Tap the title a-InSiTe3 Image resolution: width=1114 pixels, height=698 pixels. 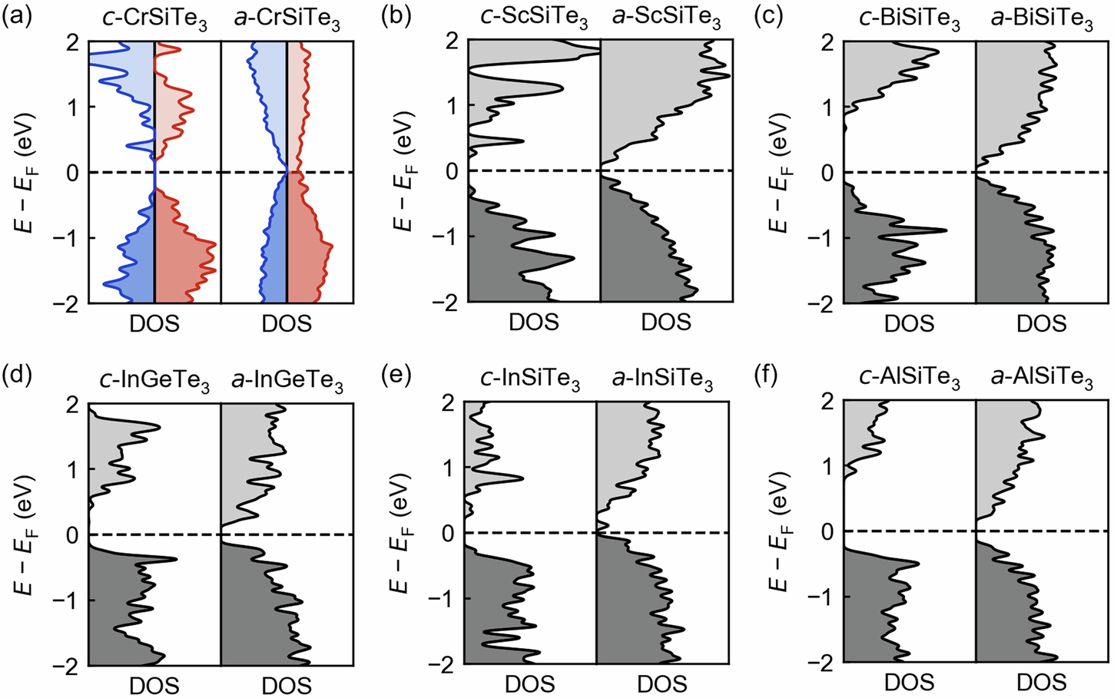662,381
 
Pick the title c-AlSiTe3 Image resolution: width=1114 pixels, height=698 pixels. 909,381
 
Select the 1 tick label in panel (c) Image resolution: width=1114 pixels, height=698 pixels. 828,107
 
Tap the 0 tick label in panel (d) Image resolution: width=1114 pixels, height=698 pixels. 73,534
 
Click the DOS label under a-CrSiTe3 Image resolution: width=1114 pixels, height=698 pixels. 287,324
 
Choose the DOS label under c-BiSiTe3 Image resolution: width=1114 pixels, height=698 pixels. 909,324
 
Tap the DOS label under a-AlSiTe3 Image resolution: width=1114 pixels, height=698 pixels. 1041,683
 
